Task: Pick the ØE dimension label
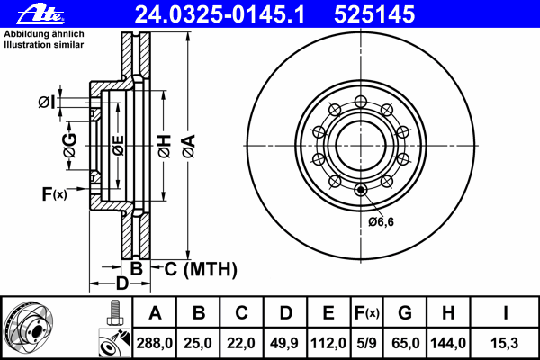(x=118, y=145)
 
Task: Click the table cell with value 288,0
(x=155, y=343)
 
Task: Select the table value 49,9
(x=285, y=343)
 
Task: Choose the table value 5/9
(x=367, y=343)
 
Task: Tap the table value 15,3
(x=507, y=343)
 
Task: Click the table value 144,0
(x=447, y=343)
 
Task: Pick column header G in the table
(x=404, y=313)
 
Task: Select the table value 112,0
(x=328, y=343)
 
